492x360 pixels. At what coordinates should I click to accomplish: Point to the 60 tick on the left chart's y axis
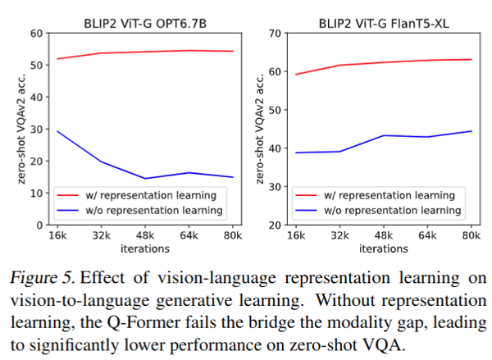coord(36,34)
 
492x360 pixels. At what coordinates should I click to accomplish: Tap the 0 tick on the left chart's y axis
coord(39,224)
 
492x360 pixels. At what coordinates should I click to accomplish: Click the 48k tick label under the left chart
coord(144,235)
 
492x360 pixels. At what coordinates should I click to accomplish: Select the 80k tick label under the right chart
coord(470,235)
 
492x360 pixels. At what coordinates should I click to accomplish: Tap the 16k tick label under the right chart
coord(295,235)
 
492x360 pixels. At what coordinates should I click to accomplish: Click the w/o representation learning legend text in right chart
coord(397,211)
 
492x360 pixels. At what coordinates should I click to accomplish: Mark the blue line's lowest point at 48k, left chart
coord(145,178)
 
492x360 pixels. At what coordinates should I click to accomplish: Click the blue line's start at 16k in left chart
coord(57,131)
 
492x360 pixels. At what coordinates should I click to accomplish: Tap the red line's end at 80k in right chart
coord(470,59)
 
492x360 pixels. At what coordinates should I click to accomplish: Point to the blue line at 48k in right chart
coord(383,135)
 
